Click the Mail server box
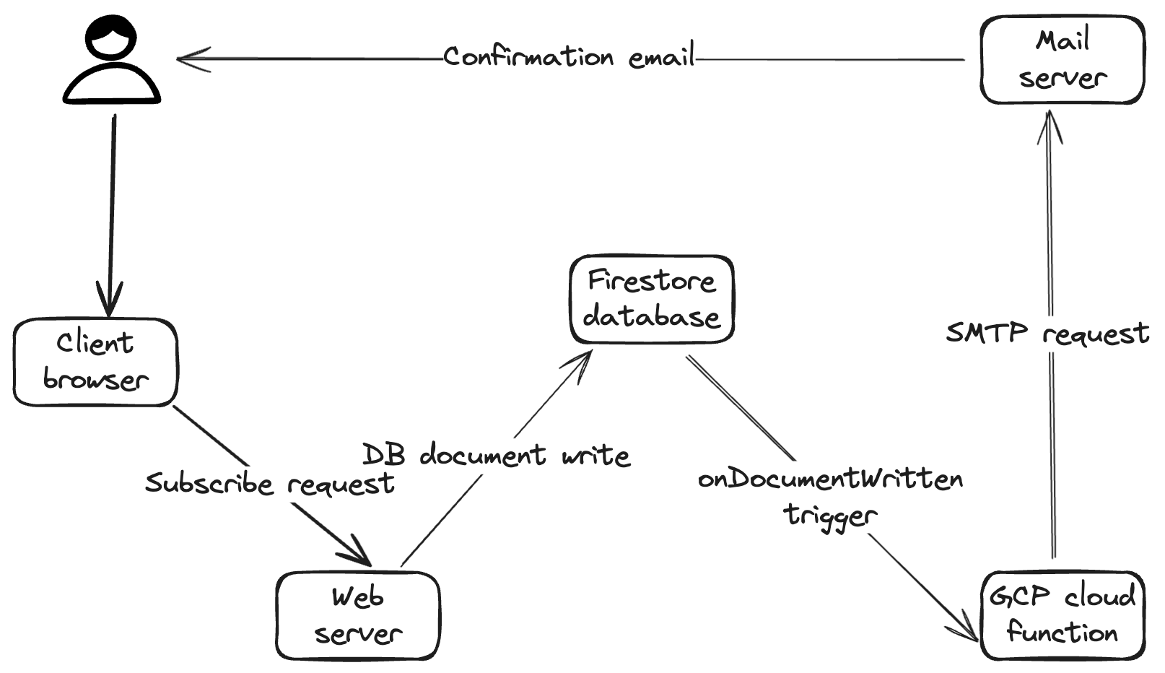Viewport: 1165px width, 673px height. point(1062,59)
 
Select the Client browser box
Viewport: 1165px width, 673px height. point(96,362)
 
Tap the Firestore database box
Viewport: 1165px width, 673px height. point(652,299)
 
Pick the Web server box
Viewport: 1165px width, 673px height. point(358,616)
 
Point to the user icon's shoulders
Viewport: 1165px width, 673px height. point(111,83)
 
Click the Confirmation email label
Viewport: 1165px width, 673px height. point(569,56)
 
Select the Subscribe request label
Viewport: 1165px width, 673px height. point(269,484)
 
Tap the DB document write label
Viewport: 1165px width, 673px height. point(496,455)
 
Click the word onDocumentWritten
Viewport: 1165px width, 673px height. point(831,479)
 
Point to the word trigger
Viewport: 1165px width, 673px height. point(831,516)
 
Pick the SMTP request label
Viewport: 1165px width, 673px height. point(1047,333)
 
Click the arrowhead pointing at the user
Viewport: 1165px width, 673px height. point(193,58)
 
